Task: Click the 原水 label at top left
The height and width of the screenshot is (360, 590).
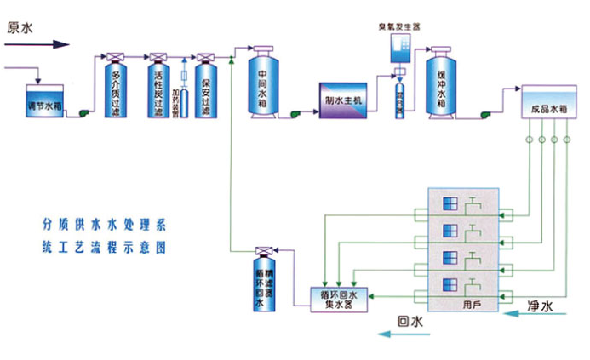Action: click(x=20, y=26)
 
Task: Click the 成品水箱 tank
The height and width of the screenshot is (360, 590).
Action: click(x=547, y=106)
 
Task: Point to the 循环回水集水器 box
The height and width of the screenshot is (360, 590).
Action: click(x=336, y=295)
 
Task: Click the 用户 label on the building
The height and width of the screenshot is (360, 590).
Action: click(x=473, y=303)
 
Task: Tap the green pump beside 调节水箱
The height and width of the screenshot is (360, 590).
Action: click(x=84, y=111)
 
